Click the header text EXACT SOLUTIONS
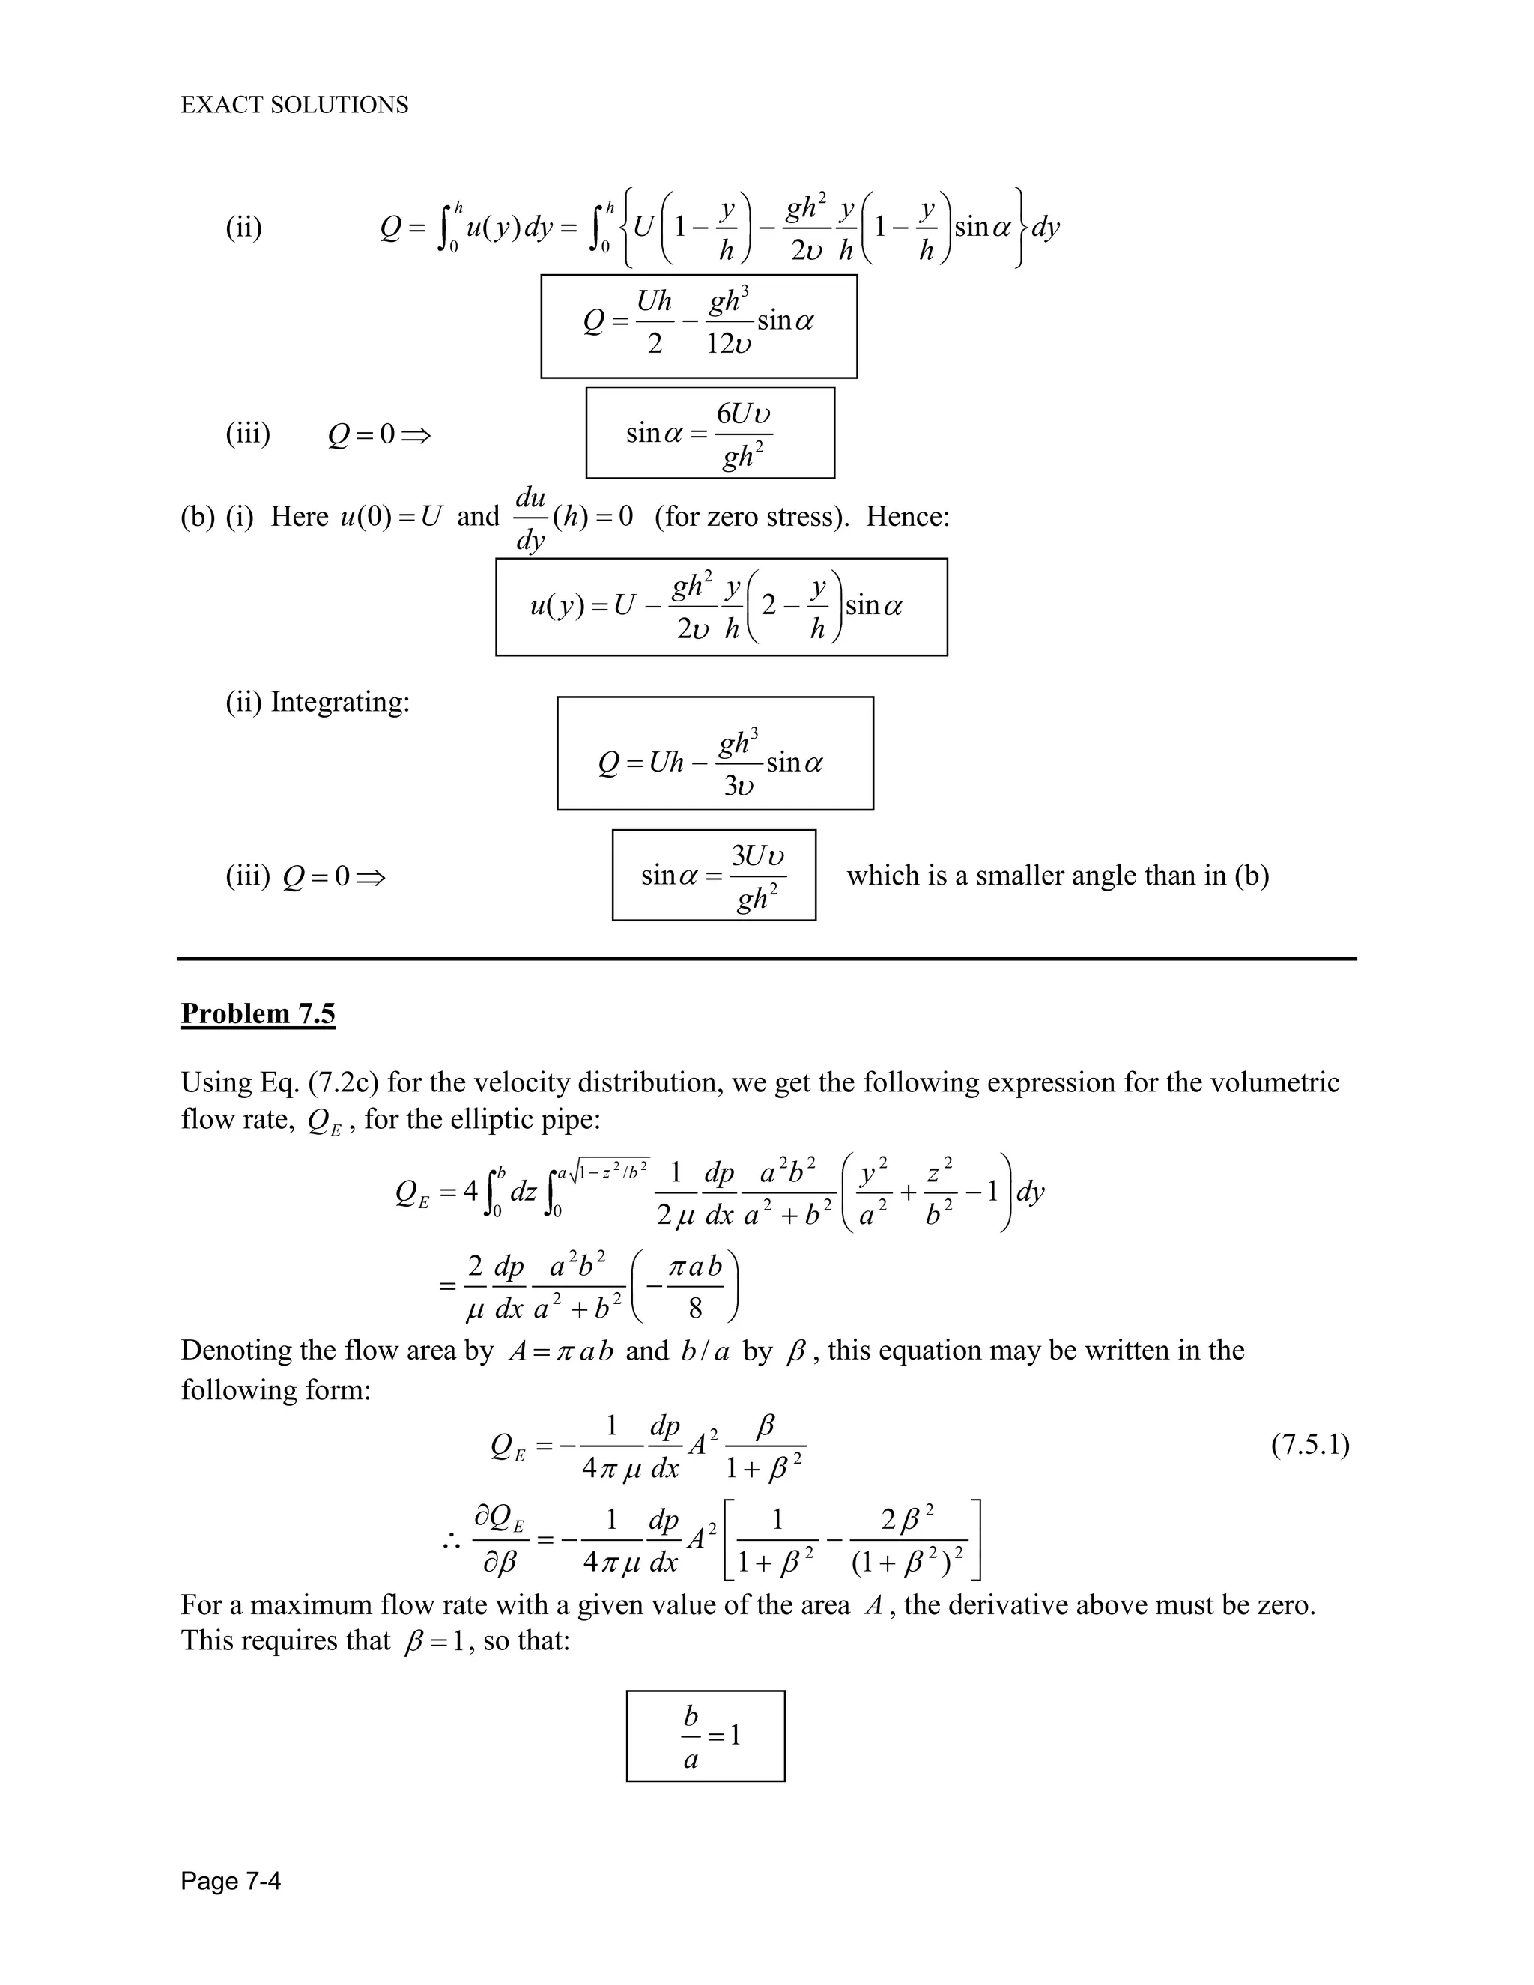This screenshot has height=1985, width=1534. point(294,106)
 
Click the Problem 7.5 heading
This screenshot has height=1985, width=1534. point(258,1013)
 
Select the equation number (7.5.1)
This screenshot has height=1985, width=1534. point(1309,1444)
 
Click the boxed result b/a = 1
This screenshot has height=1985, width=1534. point(705,1736)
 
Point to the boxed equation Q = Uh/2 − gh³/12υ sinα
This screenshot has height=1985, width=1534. point(698,325)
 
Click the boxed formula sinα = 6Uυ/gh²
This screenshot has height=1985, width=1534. point(710,433)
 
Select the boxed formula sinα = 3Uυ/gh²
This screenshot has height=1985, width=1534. point(713,875)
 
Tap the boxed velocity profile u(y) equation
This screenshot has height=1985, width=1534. point(721,607)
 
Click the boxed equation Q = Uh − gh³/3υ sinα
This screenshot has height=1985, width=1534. point(715,754)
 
